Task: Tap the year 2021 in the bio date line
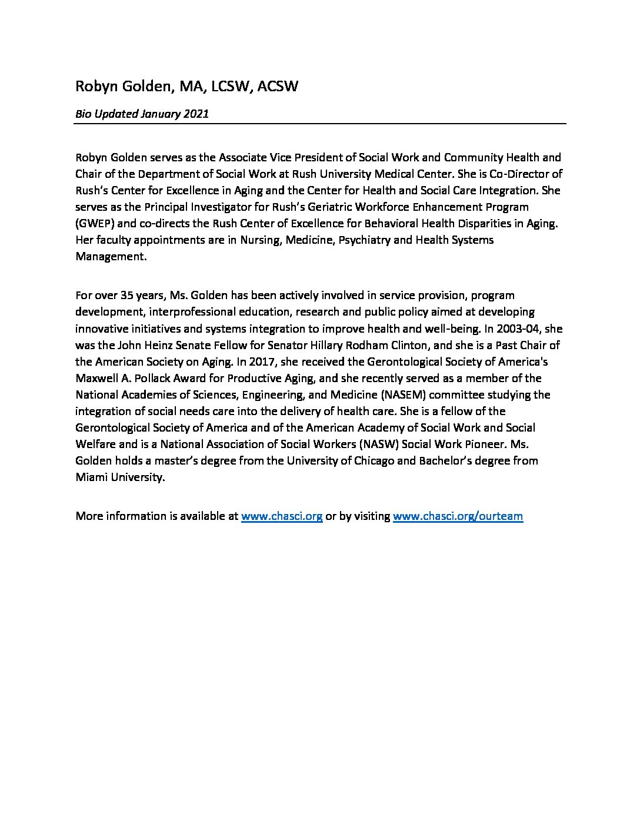(196, 114)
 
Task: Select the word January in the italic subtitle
(161, 114)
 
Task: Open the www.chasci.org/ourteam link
(458, 516)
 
